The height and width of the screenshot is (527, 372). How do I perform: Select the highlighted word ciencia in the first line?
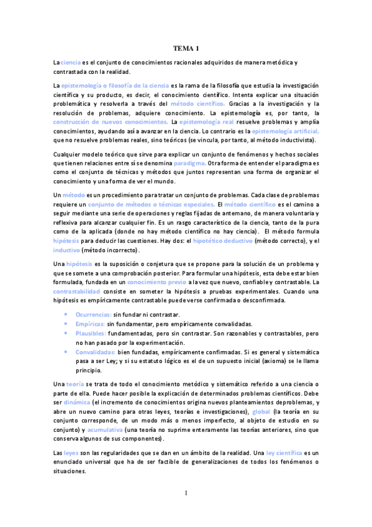click(x=71, y=63)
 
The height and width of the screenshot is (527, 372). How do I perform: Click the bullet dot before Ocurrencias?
click(x=66, y=315)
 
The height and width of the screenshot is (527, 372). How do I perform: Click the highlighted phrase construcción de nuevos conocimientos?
click(x=111, y=122)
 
